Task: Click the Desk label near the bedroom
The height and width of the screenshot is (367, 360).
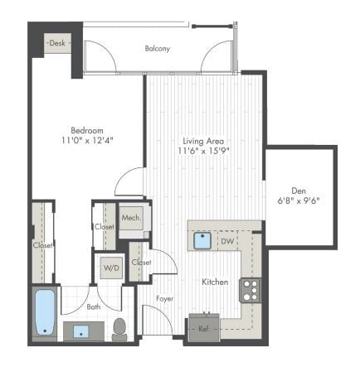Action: pyautogui.click(x=57, y=42)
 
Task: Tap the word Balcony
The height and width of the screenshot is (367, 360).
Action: pyautogui.click(x=158, y=48)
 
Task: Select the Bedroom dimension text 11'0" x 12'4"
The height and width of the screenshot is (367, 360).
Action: pyautogui.click(x=87, y=141)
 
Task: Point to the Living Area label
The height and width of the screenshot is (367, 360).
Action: pyautogui.click(x=202, y=140)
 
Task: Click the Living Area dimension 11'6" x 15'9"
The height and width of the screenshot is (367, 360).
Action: pyautogui.click(x=202, y=151)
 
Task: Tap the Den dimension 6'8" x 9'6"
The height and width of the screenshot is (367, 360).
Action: pyautogui.click(x=299, y=199)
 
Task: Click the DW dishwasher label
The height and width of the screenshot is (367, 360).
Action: pyautogui.click(x=226, y=241)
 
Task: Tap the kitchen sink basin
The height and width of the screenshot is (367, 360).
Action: pyautogui.click(x=201, y=241)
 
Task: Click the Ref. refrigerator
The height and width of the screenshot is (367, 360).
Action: pyautogui.click(x=203, y=326)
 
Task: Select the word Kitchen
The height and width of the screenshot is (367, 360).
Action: pyautogui.click(x=215, y=282)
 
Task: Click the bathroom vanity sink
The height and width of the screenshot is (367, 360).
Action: pyautogui.click(x=80, y=331)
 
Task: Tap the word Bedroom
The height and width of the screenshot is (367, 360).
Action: pyautogui.click(x=86, y=129)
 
